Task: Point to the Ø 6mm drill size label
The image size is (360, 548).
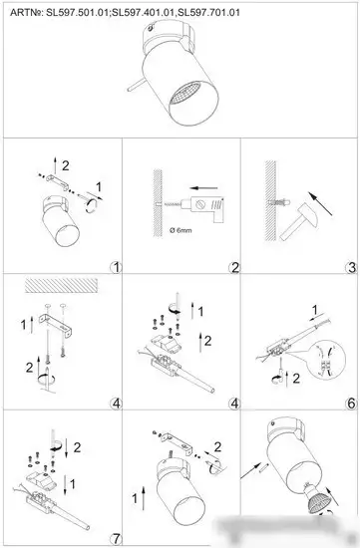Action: (180, 231)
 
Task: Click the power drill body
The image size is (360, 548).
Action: (207, 208)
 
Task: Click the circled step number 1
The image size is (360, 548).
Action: (116, 268)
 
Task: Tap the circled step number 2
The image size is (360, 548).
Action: (234, 268)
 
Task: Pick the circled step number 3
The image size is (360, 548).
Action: (351, 268)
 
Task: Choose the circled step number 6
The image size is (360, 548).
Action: (351, 404)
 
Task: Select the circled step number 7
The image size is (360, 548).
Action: (116, 538)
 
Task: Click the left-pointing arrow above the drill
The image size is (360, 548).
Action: (204, 188)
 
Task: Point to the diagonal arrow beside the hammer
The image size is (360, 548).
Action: (321, 203)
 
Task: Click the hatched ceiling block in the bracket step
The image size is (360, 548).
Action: (61, 285)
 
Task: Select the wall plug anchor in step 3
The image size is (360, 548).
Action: (278, 201)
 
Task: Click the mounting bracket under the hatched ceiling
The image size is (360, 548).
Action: (56, 324)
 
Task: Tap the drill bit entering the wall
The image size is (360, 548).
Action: (171, 204)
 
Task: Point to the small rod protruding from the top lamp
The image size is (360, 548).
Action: (137, 85)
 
